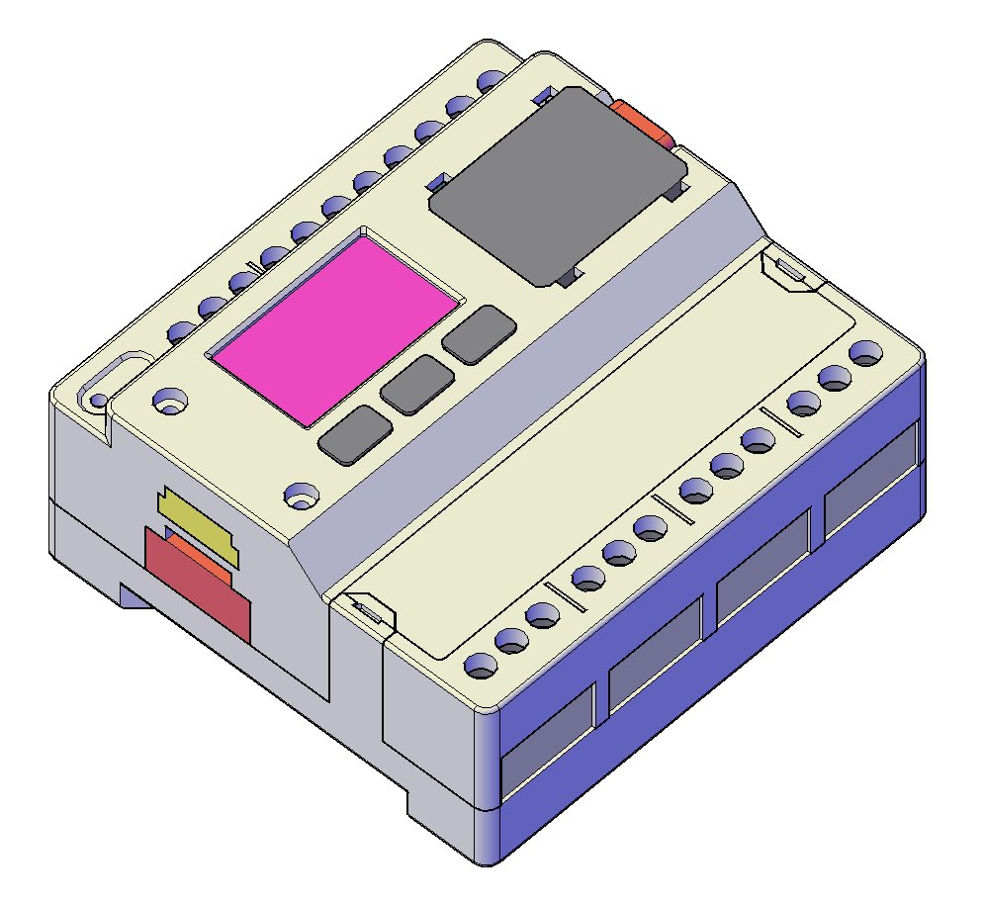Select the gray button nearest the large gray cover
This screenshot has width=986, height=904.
tap(479, 333)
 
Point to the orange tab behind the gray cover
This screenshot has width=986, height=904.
tap(641, 121)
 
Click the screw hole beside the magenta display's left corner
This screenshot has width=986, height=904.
tap(170, 400)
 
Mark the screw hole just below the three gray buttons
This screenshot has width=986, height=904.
tap(298, 492)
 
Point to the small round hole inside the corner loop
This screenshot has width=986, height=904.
tap(98, 401)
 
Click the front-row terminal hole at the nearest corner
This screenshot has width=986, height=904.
tap(480, 666)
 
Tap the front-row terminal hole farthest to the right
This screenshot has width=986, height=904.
tap(865, 352)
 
